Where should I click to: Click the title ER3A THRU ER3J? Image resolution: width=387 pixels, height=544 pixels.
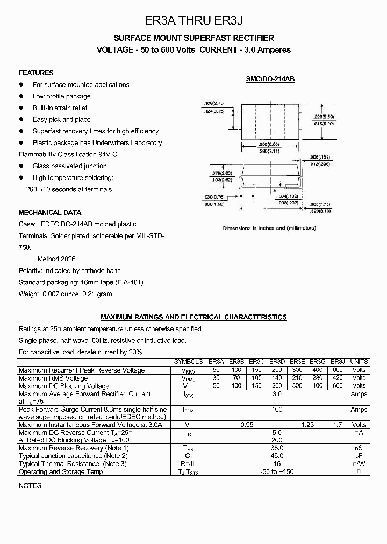coord(193,21)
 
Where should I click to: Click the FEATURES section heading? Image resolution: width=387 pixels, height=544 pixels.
coord(36,73)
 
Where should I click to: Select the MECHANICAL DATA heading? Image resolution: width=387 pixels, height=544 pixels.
coord(50,212)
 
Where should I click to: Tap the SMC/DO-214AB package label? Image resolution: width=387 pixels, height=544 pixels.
coord(270,79)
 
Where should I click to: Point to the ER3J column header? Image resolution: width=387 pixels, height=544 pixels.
coord(338,362)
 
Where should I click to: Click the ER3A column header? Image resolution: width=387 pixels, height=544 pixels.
coord(216,362)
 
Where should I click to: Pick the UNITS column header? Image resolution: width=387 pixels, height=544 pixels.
coord(359,362)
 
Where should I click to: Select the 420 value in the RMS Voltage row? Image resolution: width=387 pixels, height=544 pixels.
coord(338,378)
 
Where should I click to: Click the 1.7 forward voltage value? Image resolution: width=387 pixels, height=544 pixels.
coord(338,425)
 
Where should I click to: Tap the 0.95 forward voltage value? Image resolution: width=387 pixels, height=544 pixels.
coord(247,425)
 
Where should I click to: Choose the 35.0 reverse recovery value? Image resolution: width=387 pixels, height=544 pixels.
coord(277,448)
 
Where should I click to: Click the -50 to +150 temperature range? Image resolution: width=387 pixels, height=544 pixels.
coord(277,471)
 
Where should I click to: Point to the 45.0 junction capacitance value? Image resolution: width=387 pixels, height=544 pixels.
coord(277,456)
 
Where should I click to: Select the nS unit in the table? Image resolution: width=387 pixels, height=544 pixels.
coord(359,448)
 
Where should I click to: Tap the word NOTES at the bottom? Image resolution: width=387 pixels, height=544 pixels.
coord(30,485)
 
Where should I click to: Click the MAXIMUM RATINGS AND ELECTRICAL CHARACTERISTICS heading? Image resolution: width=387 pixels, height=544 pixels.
coord(193,317)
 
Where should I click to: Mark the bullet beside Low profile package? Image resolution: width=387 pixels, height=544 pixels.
coord(22,96)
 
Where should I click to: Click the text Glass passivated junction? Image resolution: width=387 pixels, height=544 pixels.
coord(69,166)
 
